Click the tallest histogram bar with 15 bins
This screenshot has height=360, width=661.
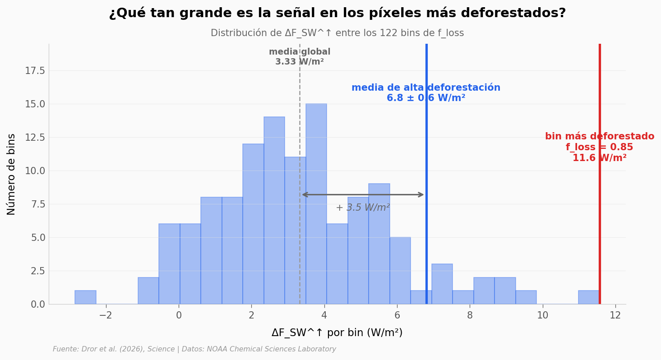[316, 203]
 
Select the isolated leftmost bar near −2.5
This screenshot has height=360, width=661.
[85, 297]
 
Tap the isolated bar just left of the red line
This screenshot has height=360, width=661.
[588, 297]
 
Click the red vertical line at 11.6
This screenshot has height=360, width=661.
[600, 226]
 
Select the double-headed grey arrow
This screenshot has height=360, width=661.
[363, 195]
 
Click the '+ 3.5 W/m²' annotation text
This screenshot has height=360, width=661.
[363, 208]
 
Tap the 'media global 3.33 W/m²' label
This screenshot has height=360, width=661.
[300, 57]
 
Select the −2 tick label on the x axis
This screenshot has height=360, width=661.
[106, 315]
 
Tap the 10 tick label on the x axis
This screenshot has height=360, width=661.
[542, 315]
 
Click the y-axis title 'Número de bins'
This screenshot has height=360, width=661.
[12, 174]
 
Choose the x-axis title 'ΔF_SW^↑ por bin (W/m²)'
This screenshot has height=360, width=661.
[337, 333]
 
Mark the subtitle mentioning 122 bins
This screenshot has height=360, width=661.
[337, 33]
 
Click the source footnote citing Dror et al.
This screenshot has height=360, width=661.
[194, 349]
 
